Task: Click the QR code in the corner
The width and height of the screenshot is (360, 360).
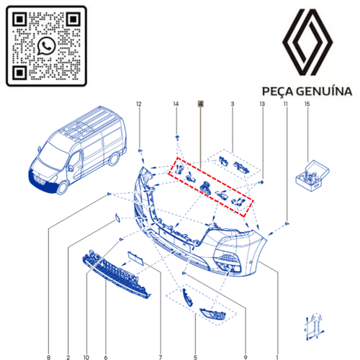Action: [45, 45]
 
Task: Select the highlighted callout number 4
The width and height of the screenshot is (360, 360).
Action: [201, 105]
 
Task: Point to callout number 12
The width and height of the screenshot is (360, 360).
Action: [140, 105]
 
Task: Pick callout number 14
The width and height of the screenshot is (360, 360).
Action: [176, 105]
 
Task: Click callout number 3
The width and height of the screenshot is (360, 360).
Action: [233, 105]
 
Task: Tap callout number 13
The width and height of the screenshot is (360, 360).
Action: [262, 105]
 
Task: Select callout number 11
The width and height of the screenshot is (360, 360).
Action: [286, 105]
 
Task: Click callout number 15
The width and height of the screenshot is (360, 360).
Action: [307, 105]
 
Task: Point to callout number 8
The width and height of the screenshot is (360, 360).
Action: [49, 338]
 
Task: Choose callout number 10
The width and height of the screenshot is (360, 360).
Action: [86, 338]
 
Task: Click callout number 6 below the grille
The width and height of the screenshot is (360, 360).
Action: [106, 338]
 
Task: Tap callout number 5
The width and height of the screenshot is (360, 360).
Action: [194, 338]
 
